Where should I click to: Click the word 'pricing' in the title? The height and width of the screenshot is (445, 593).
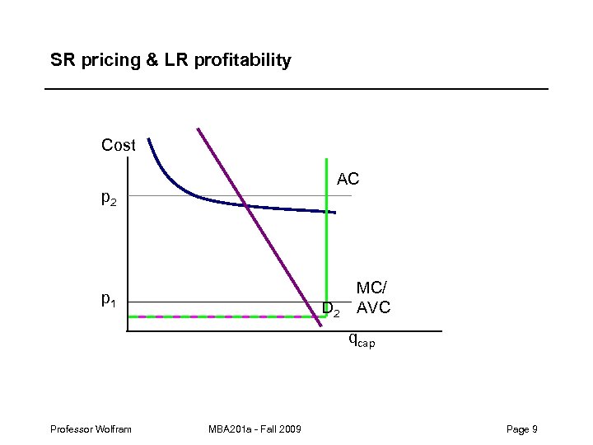[105, 61]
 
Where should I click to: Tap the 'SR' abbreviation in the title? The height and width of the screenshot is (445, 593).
[62, 61]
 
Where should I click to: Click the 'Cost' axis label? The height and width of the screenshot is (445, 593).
[118, 146]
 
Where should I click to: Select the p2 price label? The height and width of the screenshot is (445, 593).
[109, 198]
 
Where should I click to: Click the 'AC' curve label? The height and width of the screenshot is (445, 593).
[348, 179]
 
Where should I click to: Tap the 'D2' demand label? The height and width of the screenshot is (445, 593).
[331, 310]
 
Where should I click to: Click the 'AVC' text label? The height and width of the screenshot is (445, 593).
[373, 309]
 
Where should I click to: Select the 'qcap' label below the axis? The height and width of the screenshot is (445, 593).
[361, 339]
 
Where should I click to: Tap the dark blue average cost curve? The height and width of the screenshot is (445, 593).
[288, 208]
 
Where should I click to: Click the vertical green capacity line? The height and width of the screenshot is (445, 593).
[327, 247]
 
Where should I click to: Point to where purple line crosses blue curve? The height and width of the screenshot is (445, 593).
[246, 204]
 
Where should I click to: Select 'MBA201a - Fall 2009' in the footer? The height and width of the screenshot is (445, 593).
[255, 429]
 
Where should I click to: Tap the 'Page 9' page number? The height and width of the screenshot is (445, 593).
[522, 429]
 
